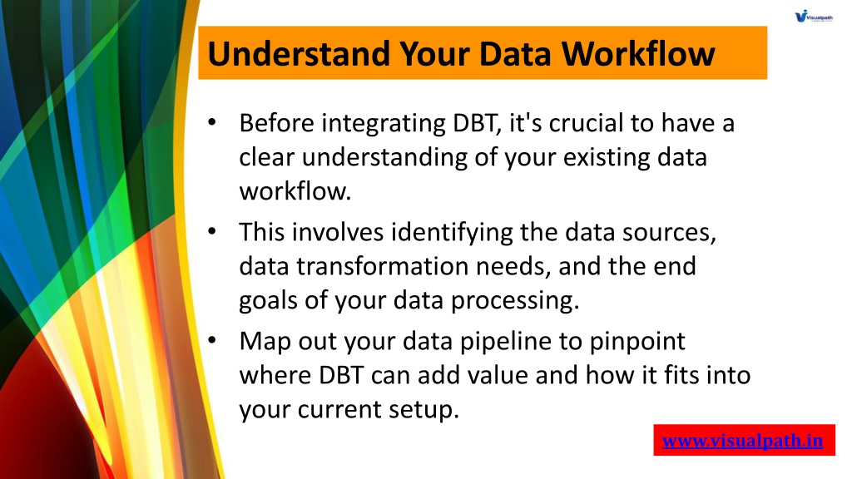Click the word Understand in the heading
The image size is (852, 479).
(299, 53)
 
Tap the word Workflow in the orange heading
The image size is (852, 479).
(638, 53)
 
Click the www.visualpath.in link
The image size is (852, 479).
(742, 441)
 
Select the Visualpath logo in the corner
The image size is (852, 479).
(814, 16)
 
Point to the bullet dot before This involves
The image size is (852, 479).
(212, 231)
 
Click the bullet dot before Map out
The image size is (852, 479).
(212, 340)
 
